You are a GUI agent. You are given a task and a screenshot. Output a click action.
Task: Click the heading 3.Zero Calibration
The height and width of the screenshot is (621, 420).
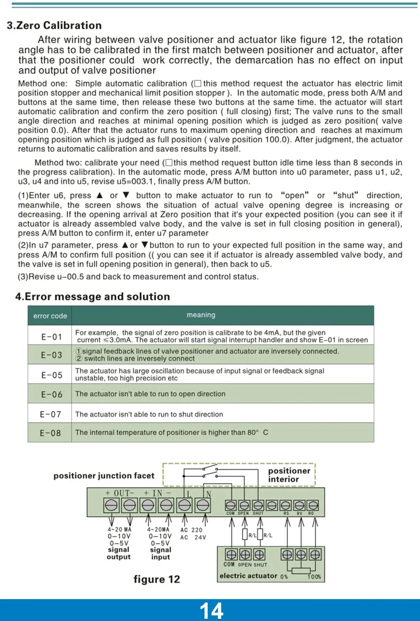(54, 25)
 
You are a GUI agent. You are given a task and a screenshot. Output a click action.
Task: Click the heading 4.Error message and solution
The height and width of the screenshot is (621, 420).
(92, 296)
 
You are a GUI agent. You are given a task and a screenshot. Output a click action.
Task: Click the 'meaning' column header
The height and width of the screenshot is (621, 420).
(200, 316)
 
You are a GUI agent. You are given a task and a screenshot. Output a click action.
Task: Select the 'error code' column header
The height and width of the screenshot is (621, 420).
(50, 316)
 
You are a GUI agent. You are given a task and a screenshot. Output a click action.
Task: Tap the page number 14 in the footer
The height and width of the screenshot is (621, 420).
(211, 610)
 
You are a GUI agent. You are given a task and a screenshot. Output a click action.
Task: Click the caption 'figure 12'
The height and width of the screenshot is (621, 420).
(157, 579)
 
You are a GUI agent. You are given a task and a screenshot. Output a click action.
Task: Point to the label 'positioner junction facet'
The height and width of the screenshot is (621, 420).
(104, 476)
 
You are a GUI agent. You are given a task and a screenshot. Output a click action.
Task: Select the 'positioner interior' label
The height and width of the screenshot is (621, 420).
(288, 475)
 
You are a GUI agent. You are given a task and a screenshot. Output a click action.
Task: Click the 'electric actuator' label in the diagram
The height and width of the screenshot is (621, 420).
(248, 576)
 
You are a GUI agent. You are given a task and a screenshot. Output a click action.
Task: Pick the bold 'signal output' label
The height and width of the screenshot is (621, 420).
(119, 554)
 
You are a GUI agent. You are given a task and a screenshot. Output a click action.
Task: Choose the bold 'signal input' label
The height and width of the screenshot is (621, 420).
(161, 554)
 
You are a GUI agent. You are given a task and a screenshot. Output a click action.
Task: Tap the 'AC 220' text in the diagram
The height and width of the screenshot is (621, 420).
(192, 530)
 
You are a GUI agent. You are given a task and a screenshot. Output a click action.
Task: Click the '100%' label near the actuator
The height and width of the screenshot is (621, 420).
(315, 577)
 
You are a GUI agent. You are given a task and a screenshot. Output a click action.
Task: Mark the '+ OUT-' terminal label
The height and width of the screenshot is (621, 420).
(120, 493)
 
